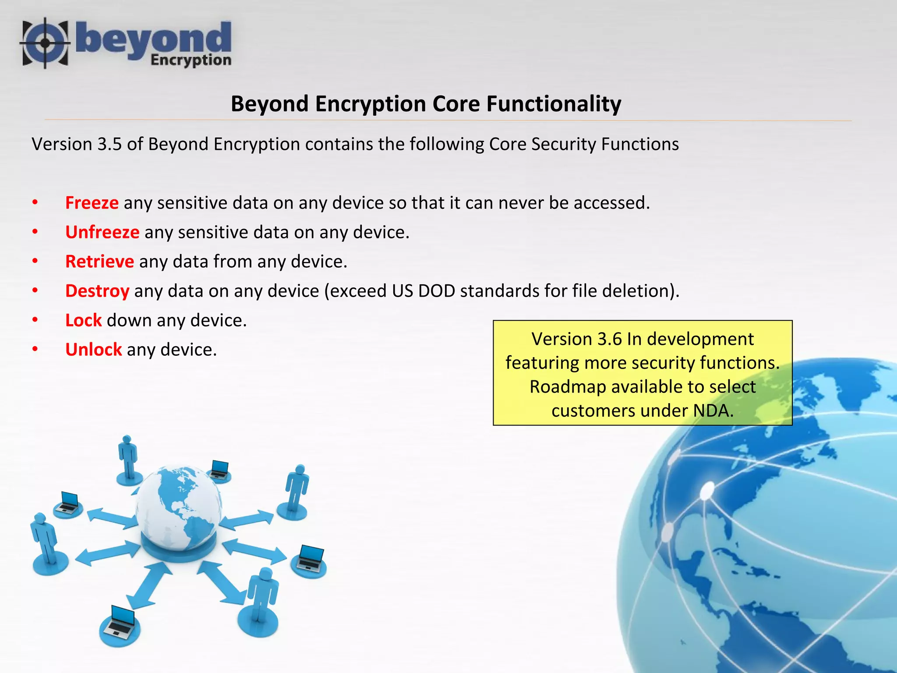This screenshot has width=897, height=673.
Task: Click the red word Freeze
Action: pyautogui.click(x=92, y=203)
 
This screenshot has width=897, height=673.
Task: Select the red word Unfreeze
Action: pyautogui.click(x=102, y=232)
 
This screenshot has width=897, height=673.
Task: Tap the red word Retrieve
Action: pyautogui.click(x=99, y=262)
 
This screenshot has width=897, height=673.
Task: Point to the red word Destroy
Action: pyautogui.click(x=97, y=291)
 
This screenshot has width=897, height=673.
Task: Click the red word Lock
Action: pyautogui.click(x=83, y=320)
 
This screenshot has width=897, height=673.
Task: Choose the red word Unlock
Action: pyautogui.click(x=93, y=350)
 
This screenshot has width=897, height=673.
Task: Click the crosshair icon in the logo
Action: pyautogui.click(x=45, y=43)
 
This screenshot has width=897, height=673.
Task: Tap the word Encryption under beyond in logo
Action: pyautogui.click(x=191, y=60)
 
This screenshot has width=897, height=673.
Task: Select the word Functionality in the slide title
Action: pyautogui.click(x=554, y=104)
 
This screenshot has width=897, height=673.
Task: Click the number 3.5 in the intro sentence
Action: pyautogui.click(x=109, y=144)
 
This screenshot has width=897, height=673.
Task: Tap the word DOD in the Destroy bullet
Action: pyautogui.click(x=436, y=291)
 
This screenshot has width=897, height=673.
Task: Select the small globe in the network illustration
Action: pyautogui.click(x=179, y=508)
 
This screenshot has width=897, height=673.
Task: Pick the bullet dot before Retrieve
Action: pyautogui.click(x=35, y=262)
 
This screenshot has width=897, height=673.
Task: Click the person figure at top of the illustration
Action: pyautogui.click(x=128, y=458)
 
